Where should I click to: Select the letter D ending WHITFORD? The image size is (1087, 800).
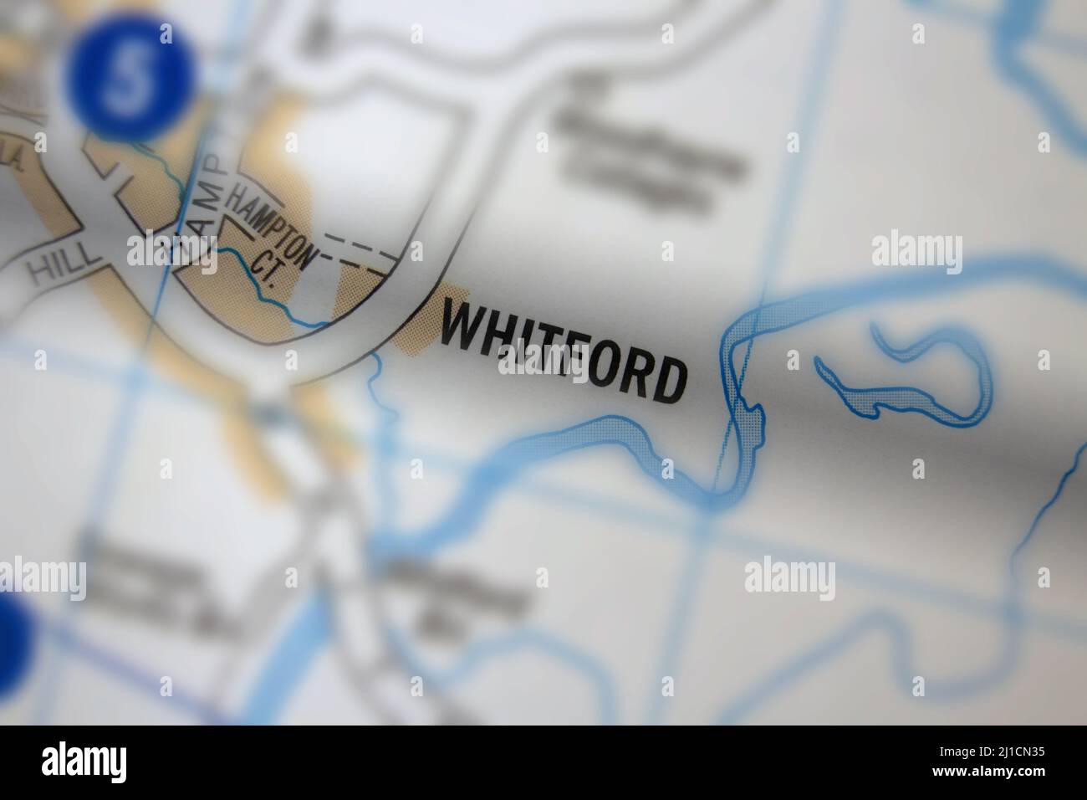click(668, 382)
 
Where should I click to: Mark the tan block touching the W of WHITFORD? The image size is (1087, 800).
click(414, 331)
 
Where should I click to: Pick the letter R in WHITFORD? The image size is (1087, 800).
click(635, 373)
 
